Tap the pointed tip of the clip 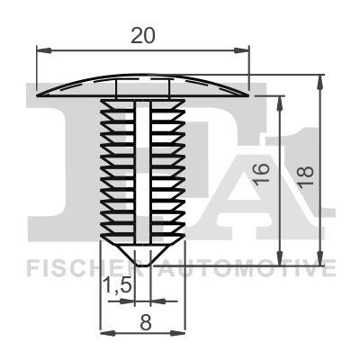click(141, 266)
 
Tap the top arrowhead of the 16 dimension click(283, 97)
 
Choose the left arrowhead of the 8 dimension click(102, 333)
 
